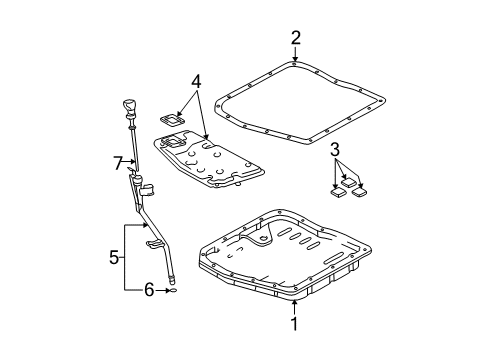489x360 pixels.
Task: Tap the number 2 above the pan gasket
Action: (295, 39)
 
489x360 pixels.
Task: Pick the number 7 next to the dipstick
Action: (117, 161)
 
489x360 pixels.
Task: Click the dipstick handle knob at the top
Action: (128, 107)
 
